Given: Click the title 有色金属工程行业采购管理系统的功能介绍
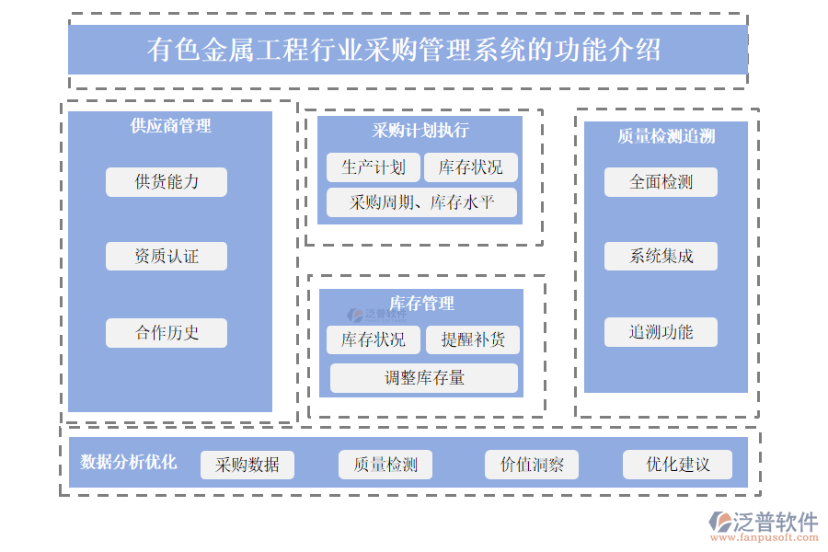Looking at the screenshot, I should click(405, 49).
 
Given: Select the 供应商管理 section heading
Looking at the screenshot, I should click(170, 126).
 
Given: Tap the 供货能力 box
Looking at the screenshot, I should click(167, 181).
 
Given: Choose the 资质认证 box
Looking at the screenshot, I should click(167, 256).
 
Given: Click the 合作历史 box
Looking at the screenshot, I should click(167, 332).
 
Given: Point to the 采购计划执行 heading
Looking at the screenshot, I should click(420, 130).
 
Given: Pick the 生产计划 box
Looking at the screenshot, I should click(374, 167).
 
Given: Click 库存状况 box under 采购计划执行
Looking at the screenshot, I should click(471, 167).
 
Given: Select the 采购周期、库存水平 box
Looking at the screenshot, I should click(422, 202).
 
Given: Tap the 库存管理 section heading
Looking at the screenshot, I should click(421, 303).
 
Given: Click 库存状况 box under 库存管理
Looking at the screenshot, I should click(374, 339).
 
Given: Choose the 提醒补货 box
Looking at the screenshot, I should click(473, 339).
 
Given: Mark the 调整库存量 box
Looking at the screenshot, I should click(424, 377).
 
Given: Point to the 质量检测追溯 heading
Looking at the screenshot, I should click(666, 136).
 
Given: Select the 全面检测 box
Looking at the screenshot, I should click(661, 181).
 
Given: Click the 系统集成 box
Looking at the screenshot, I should click(661, 256).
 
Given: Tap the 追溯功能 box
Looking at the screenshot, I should click(661, 331).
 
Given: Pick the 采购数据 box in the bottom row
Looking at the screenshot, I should click(247, 465).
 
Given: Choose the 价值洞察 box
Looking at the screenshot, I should click(532, 465).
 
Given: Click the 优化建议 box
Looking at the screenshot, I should click(678, 465).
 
